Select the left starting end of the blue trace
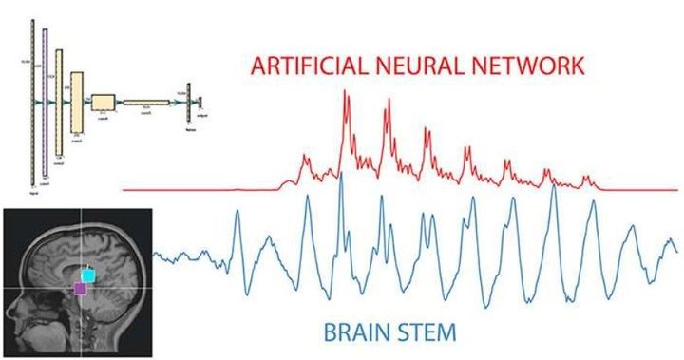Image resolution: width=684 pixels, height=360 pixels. (x=155, y=254)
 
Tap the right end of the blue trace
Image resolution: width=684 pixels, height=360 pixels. (x=677, y=249)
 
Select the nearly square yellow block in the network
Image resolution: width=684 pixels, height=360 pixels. (x=103, y=101)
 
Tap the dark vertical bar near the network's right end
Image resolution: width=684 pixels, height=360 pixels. (x=188, y=101)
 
